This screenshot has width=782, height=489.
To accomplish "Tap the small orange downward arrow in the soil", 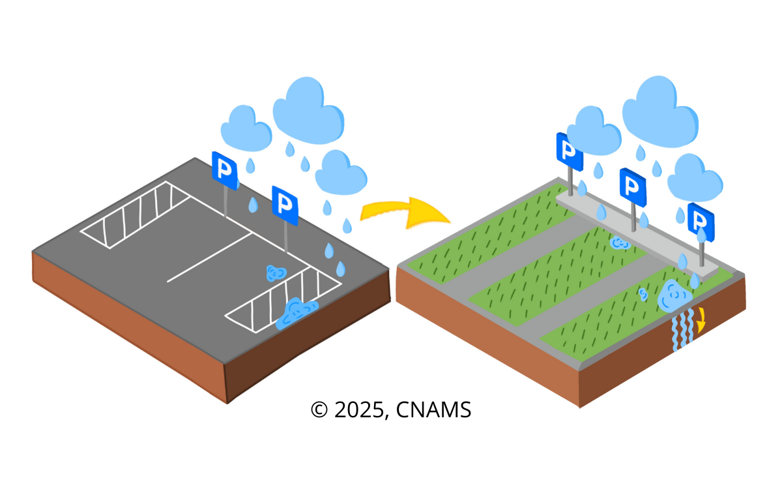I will (701, 320).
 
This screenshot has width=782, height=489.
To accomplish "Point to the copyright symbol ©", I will (319, 410).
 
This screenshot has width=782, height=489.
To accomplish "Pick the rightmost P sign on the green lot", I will (701, 221).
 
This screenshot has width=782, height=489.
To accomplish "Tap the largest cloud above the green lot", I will (658, 109).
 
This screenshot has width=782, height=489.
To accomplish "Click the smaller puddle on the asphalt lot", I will (276, 273).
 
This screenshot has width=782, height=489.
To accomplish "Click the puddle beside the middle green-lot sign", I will (619, 243).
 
